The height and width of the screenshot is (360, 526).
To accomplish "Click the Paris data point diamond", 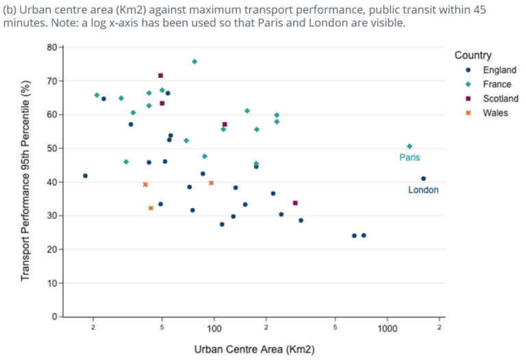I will point(410,146).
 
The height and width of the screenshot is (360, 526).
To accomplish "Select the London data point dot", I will point(423,179).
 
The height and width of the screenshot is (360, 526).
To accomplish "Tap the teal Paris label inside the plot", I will point(410,158).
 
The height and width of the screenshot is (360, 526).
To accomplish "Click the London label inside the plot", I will point(423,190).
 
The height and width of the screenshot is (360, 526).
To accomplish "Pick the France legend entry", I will point(497,85).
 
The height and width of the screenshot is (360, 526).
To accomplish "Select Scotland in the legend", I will point(500,99).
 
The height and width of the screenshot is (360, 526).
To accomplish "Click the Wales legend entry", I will point(495,113).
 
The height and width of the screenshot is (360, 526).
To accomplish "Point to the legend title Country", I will point(473,55).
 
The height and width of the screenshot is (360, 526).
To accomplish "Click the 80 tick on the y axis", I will point(51,48).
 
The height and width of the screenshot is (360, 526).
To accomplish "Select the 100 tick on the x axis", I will point(214,329).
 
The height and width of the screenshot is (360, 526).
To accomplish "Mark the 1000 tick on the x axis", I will point(387,329).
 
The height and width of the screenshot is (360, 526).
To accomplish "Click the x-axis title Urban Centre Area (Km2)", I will point(254,350).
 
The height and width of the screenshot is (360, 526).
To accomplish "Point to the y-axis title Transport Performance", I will point(26,182).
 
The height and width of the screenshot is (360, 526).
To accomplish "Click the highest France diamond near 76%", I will point(195,62).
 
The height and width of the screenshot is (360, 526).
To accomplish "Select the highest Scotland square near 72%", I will point(161,75).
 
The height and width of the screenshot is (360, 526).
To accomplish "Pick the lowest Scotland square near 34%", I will point(295,203).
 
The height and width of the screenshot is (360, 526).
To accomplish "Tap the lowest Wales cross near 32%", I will point(151,208).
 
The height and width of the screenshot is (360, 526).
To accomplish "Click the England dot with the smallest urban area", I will point(85,176).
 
